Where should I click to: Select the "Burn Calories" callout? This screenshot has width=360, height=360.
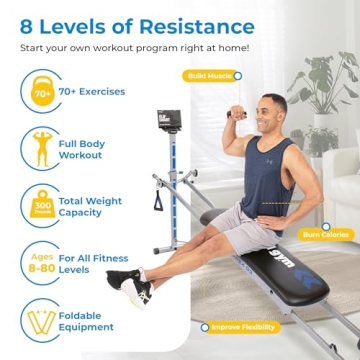(326, 235)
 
